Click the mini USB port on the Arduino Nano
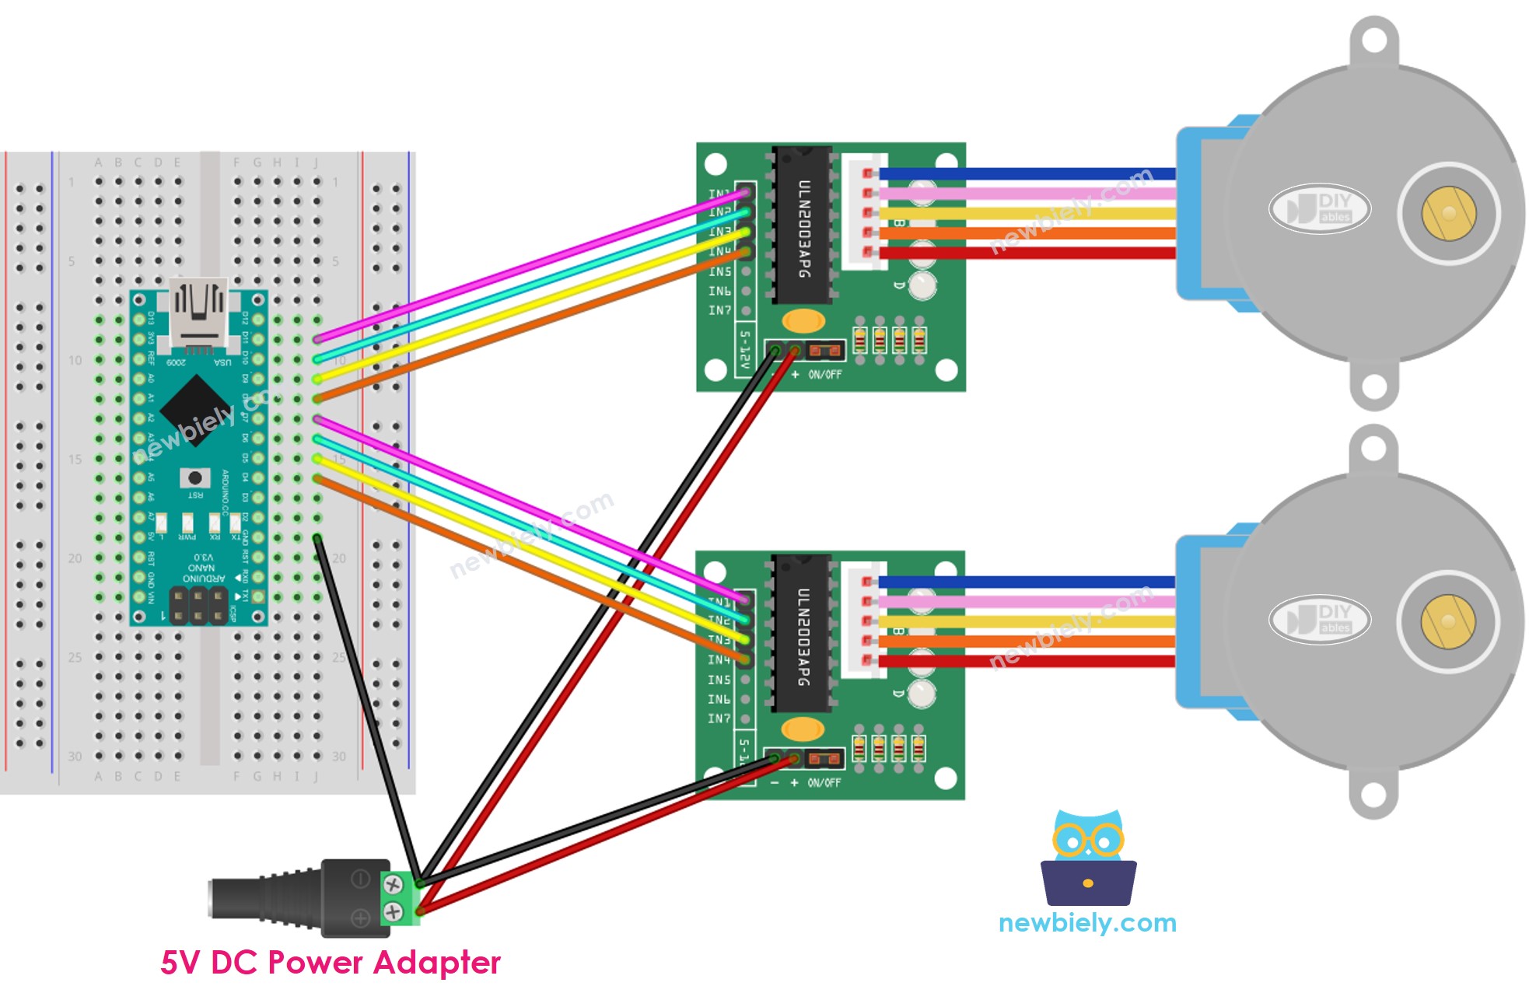click(x=198, y=311)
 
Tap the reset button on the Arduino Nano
click(x=194, y=477)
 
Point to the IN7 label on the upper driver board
click(x=719, y=310)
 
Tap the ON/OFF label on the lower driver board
click(x=824, y=783)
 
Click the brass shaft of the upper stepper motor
click(x=1448, y=213)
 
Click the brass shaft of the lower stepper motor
click(x=1447, y=621)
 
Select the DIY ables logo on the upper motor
click(x=1320, y=209)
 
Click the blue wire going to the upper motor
click(x=1027, y=173)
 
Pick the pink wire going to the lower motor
click(x=1027, y=601)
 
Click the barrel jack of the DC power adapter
click(x=264, y=898)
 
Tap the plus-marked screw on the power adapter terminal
click(x=394, y=911)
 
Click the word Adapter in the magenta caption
click(x=436, y=963)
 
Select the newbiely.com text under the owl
click(x=1086, y=923)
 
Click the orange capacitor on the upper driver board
click(x=803, y=320)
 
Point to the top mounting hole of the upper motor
click(x=1374, y=39)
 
